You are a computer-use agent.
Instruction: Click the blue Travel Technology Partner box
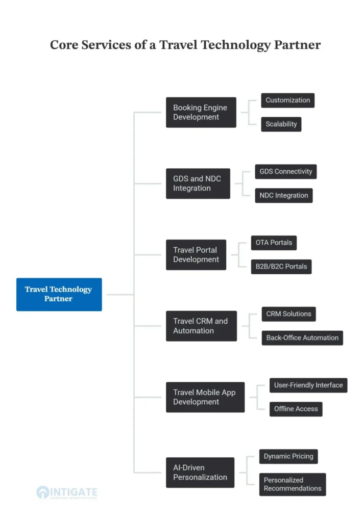(x=59, y=294)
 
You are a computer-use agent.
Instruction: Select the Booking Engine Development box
(x=201, y=112)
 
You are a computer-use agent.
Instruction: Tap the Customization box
(x=287, y=100)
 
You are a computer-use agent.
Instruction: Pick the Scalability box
(x=281, y=124)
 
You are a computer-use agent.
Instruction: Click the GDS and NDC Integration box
(x=198, y=184)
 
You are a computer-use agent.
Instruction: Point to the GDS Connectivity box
(x=286, y=171)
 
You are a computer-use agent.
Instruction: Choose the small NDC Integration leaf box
(x=284, y=195)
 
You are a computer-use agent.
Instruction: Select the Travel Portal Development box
(x=196, y=255)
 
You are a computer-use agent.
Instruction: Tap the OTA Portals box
(x=274, y=243)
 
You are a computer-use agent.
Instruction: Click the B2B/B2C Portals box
(x=281, y=267)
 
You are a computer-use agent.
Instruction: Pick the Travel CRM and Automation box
(x=201, y=326)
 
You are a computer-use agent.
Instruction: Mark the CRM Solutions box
(x=288, y=314)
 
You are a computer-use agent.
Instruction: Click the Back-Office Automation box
(x=302, y=338)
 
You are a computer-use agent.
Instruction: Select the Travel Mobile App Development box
(x=205, y=397)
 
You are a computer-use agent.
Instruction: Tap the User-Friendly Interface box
(x=308, y=385)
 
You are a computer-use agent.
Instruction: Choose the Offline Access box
(x=296, y=409)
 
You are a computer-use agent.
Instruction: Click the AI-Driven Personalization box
(x=200, y=473)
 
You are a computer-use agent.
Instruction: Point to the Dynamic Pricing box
(x=288, y=456)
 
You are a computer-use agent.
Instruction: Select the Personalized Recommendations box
(x=293, y=484)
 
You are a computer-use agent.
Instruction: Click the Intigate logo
(x=67, y=492)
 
